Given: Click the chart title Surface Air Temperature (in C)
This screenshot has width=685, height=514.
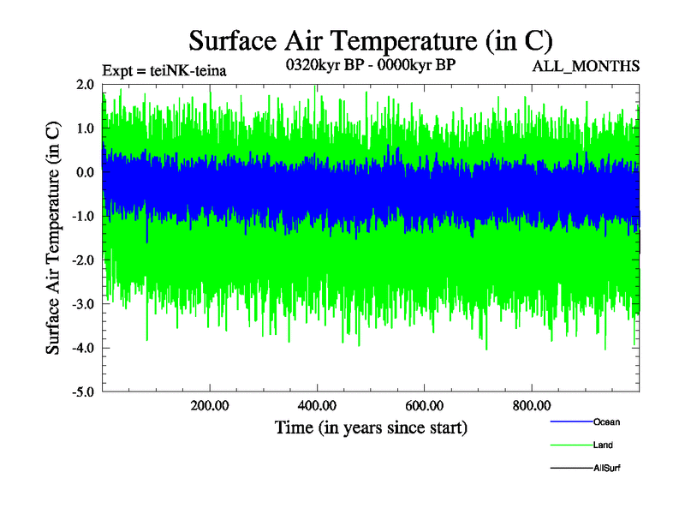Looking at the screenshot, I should pyautogui.click(x=371, y=40).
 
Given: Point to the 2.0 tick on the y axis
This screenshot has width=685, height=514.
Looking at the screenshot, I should pyautogui.click(x=84, y=85).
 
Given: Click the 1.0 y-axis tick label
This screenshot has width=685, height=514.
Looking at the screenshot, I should pyautogui.click(x=84, y=128).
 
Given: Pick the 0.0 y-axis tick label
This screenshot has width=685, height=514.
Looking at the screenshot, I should pyautogui.click(x=84, y=172).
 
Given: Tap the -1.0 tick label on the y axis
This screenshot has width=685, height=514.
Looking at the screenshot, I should pyautogui.click(x=82, y=217).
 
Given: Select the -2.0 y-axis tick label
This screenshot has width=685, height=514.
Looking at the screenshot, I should pyautogui.click(x=82, y=260).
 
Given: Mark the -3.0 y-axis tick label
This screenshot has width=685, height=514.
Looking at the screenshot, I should pyautogui.click(x=82, y=304).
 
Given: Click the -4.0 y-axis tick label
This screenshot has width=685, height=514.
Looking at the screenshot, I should pyautogui.click(x=82, y=349).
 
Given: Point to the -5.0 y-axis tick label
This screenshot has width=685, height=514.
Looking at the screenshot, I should pyautogui.click(x=82, y=392).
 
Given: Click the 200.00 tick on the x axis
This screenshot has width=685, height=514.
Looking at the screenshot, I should pyautogui.click(x=209, y=406).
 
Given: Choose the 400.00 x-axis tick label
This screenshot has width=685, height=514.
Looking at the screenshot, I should pyautogui.click(x=317, y=406).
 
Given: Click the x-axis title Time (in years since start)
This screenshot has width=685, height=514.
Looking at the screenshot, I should pyautogui.click(x=371, y=427).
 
